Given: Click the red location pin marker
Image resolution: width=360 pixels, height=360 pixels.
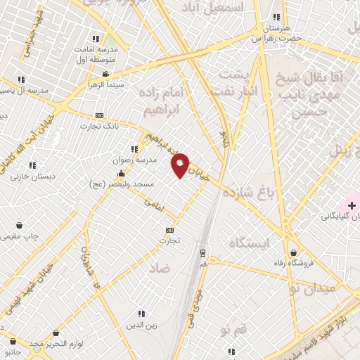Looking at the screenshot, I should (x=181, y=165).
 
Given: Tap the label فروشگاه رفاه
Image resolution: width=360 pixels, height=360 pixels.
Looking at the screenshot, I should (x=292, y=264).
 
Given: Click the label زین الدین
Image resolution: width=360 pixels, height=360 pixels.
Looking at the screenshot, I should (x=141, y=324).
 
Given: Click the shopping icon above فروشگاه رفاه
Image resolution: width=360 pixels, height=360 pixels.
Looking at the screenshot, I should (x=292, y=252).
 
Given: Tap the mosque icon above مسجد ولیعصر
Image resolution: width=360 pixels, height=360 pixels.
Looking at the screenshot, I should (x=122, y=173).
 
